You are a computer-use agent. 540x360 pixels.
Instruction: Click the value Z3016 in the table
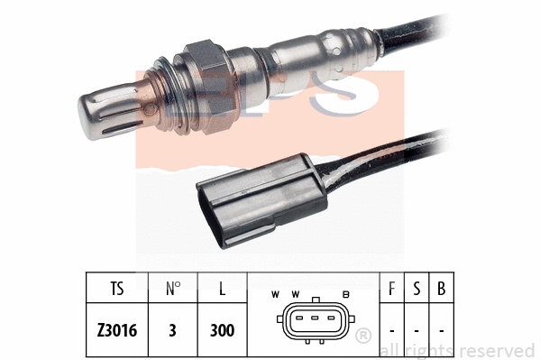(117, 330)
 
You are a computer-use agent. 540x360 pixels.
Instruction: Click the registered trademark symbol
(364, 337)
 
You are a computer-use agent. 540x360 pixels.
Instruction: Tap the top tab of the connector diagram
(315, 301)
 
